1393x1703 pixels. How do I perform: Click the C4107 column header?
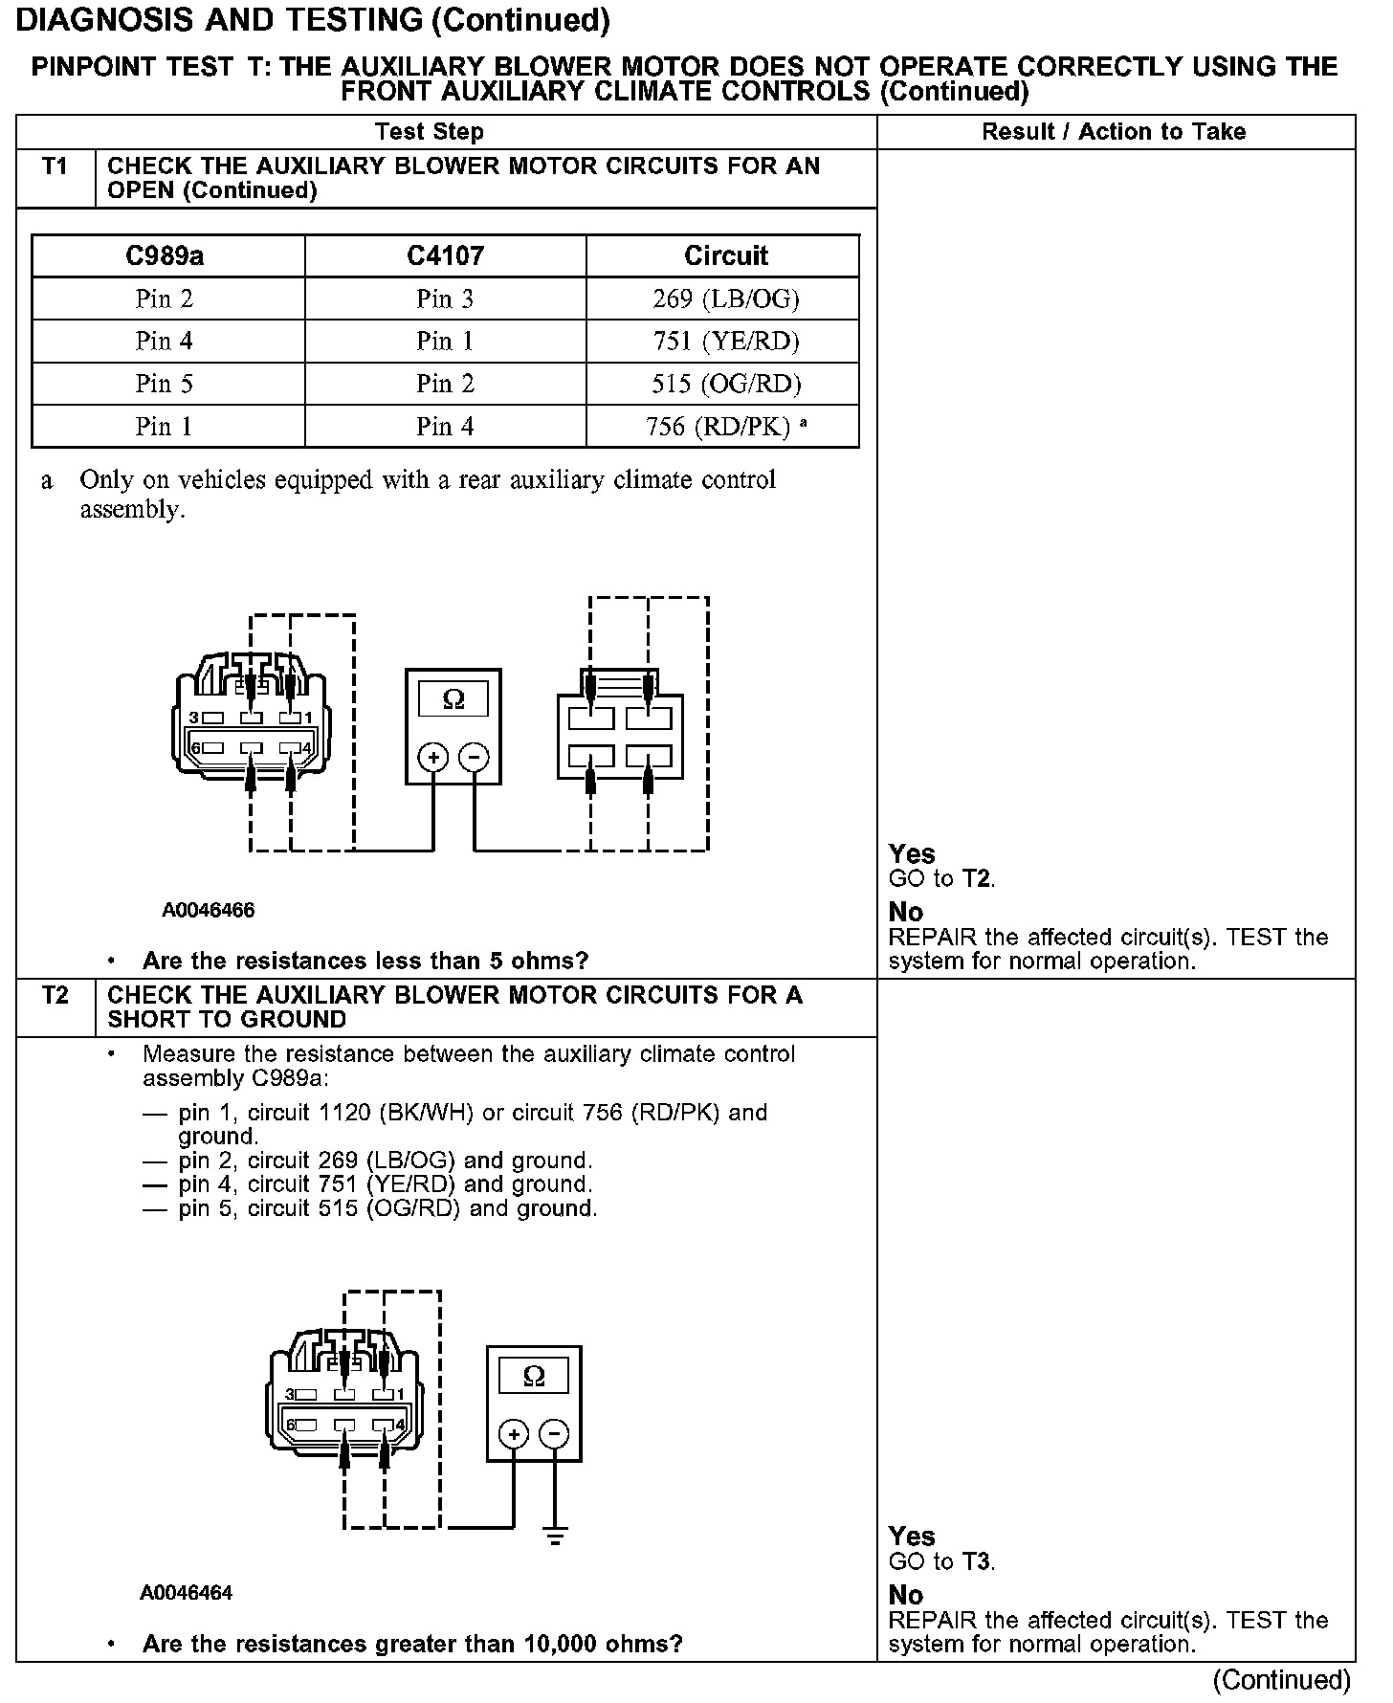pos(445,256)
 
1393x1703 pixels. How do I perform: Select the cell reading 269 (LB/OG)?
pos(725,299)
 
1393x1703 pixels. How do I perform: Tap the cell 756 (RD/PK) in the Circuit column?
pos(719,427)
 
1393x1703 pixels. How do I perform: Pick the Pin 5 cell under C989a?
pos(165,384)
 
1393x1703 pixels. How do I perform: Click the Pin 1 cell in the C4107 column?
pos(445,342)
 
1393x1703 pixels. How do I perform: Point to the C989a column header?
pos(165,256)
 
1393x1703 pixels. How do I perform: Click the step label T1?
pos(55,166)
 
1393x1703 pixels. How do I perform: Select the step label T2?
pos(55,996)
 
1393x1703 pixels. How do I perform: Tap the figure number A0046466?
pos(209,910)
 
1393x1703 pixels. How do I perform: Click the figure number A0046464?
pos(187,1593)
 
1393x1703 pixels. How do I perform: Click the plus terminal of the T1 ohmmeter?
pos(433,758)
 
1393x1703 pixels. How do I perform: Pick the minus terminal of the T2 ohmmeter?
pos(554,1434)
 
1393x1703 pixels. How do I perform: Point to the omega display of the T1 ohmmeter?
pos(453,699)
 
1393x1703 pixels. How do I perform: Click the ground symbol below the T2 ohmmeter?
pos(554,1537)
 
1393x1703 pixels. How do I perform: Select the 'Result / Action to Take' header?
pos(1114,132)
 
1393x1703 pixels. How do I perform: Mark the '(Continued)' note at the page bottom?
pos(1281,1680)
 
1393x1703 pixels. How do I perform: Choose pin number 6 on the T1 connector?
pos(195,748)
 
